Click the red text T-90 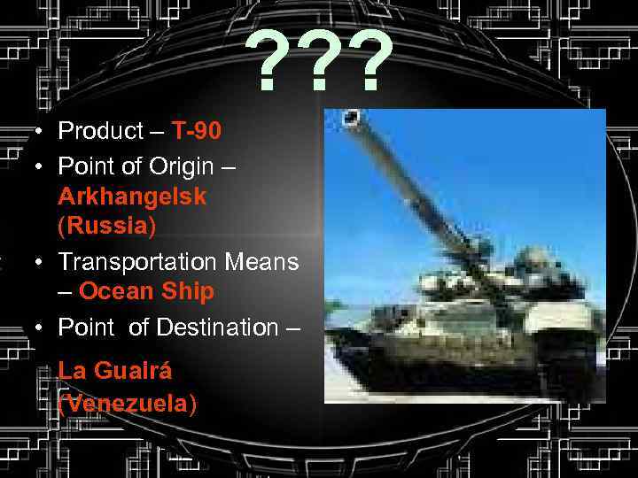coord(197,131)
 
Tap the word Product coord(100,131)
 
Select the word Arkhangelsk coord(132,196)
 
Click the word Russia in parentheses coord(106,226)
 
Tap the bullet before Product coord(41,133)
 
